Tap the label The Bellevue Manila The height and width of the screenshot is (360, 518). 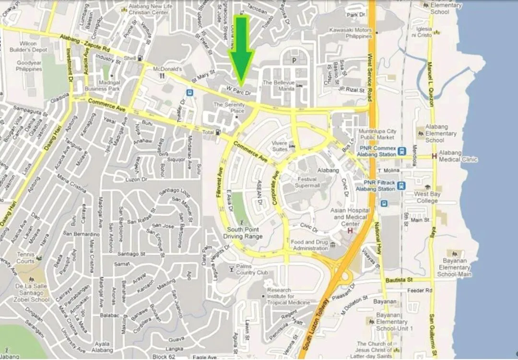pos(278,86)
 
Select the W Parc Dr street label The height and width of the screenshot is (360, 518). pos(239,89)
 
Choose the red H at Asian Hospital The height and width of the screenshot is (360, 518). pos(350,231)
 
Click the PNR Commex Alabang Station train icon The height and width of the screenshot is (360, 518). pos(402,151)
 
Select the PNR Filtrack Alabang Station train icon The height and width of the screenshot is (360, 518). pos(401,186)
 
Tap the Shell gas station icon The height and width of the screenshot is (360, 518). pos(140,58)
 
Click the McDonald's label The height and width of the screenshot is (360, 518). pos(167,69)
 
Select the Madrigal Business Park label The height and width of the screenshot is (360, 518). pos(102,85)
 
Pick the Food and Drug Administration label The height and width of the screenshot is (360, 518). pos(309,245)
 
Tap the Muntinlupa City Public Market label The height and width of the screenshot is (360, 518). pos(378,134)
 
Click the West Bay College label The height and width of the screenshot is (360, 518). pos(426,197)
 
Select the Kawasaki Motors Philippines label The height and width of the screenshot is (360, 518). pos(351,33)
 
